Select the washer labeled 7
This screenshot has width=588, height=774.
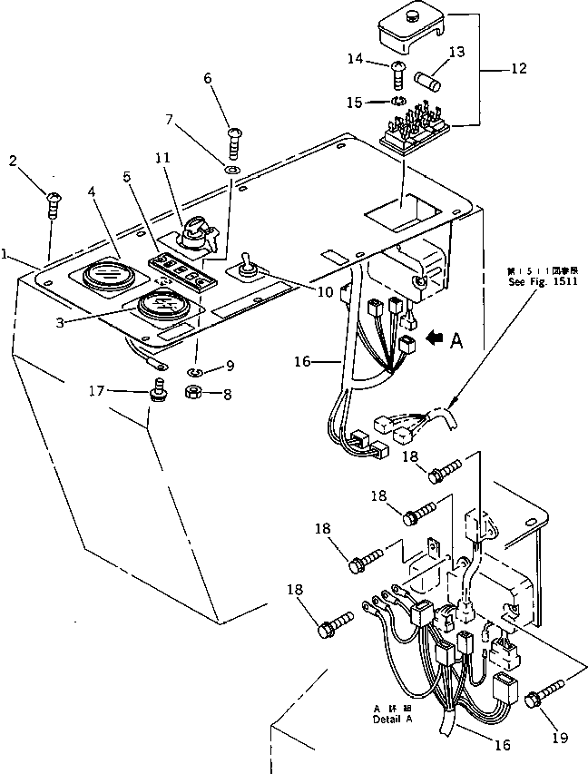point(232,169)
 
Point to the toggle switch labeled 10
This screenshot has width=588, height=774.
point(246,268)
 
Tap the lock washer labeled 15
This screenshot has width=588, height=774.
point(397,101)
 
